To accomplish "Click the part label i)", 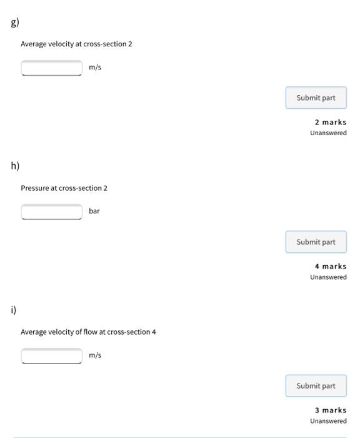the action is tap(14, 310).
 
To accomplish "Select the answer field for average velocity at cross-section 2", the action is tap(52, 68).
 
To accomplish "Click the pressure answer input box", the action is tap(52, 211).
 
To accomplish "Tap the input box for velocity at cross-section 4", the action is tap(52, 355).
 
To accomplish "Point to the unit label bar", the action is tap(94, 211).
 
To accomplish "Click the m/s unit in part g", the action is tap(94, 68).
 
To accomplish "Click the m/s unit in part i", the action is tap(94, 355).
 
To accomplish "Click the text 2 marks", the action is tap(330, 123).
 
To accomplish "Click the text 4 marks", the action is tap(330, 267).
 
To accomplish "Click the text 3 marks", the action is tap(330, 410).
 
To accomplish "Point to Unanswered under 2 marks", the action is tap(328, 133).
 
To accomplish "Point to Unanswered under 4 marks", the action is tap(328, 277).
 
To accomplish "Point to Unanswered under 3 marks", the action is tap(328, 421).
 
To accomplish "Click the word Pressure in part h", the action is tap(34, 188).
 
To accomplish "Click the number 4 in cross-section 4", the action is tap(154, 332).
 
